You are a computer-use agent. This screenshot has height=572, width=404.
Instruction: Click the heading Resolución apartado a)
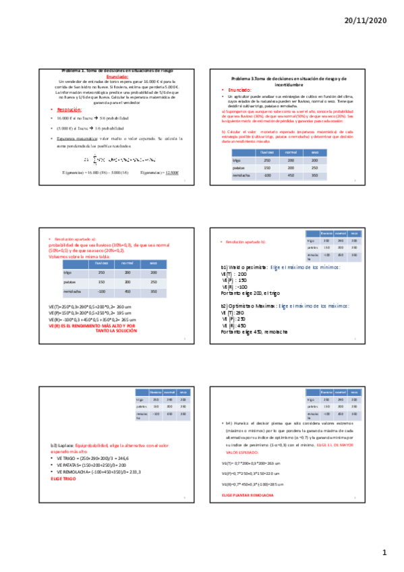point(76,239)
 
